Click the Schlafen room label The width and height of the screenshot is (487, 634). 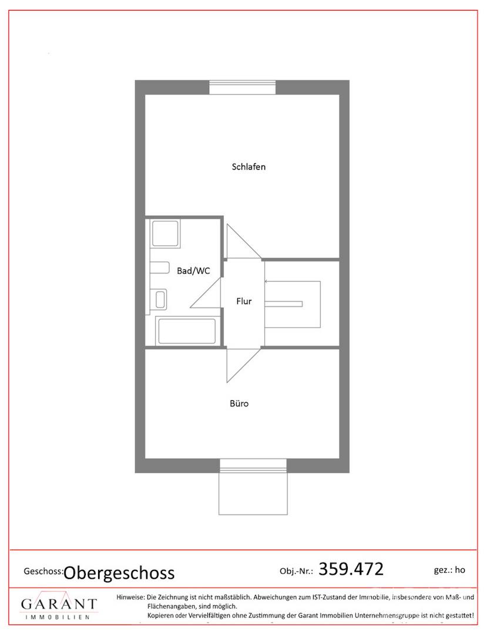coord(248,167)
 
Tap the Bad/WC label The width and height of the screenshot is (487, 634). coord(193,271)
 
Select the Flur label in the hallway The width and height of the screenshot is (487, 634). coord(244,301)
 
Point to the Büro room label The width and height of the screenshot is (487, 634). coord(239,403)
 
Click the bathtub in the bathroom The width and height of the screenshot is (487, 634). coord(187,331)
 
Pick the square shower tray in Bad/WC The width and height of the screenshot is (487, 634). coord(165,233)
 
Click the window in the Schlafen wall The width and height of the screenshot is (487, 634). coord(242,87)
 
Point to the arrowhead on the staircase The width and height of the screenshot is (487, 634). coord(266,281)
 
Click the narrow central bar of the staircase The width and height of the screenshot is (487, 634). coord(284,304)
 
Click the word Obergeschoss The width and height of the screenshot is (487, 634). coord(119,573)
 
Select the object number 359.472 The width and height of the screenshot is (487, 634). coord(351,569)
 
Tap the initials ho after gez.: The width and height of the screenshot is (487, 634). coord(460,569)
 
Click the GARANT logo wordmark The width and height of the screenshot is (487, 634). coord(59,604)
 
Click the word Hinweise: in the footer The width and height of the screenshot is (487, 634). coord(130,597)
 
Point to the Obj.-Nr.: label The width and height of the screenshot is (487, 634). coord(296,571)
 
